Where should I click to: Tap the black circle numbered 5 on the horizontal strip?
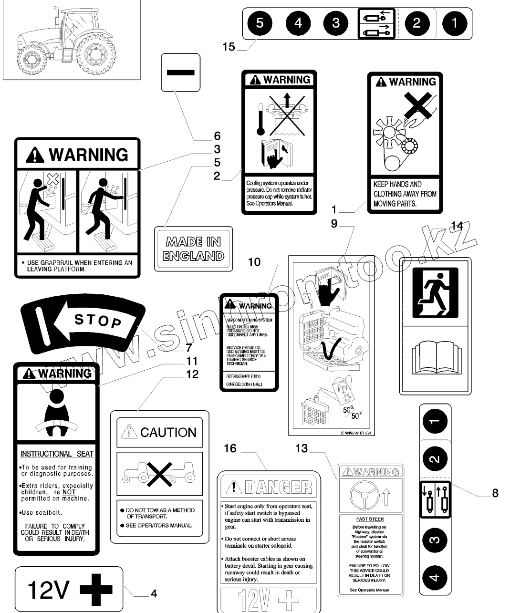click(259, 23)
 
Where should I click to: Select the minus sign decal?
click(180, 72)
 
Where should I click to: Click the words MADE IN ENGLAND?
click(193, 249)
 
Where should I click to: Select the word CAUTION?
click(168, 433)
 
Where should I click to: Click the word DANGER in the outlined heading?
click(278, 487)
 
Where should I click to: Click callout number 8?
click(495, 493)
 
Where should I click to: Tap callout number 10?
click(254, 262)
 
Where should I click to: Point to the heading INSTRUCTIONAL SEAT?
click(57, 454)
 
